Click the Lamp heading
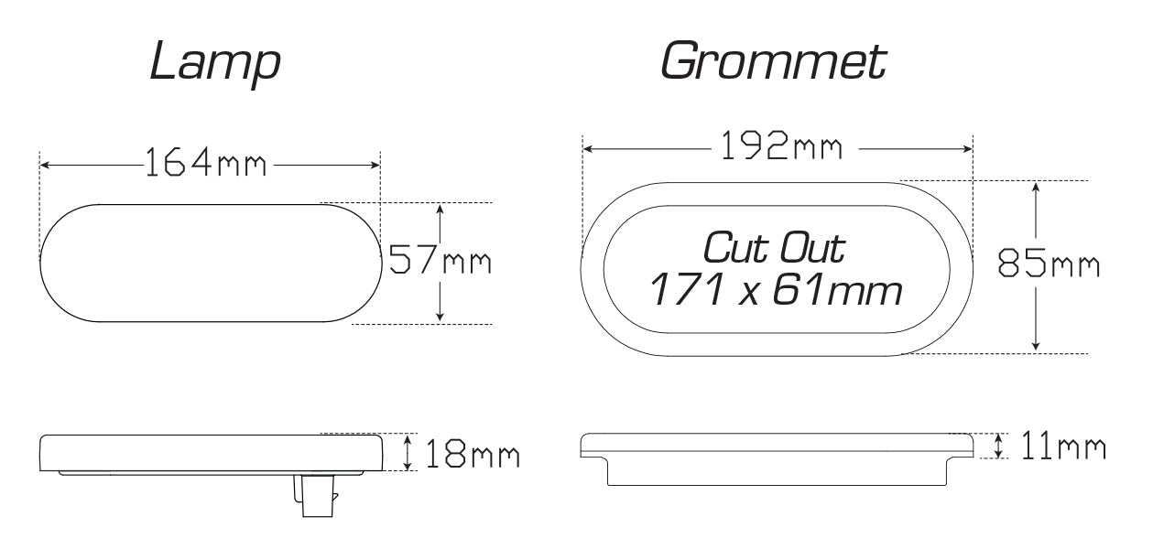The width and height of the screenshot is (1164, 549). (215, 63)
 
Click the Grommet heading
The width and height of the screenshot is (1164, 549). (772, 61)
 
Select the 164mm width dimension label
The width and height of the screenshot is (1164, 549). (206, 165)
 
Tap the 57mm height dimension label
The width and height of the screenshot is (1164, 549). (441, 262)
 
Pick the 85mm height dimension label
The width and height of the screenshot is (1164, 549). (1049, 265)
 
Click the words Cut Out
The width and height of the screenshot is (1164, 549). (774, 248)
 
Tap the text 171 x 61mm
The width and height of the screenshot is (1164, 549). (775, 291)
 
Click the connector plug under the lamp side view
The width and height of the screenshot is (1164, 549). (313, 497)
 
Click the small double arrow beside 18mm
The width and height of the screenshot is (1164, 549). (408, 452)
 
